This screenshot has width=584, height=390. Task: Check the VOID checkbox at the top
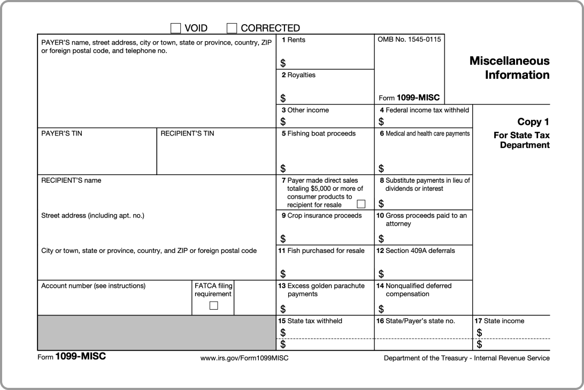pyautogui.click(x=175, y=28)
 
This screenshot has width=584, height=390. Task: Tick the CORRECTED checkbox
pyautogui.click(x=232, y=28)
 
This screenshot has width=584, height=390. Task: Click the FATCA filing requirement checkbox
pyautogui.click(x=213, y=306)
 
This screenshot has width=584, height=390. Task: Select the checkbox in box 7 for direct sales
pyautogui.click(x=361, y=204)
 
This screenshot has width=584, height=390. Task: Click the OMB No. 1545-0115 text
pyautogui.click(x=409, y=40)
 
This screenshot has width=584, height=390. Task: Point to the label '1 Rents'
pyautogui.click(x=294, y=40)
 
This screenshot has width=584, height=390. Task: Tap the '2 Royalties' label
pyautogui.click(x=298, y=75)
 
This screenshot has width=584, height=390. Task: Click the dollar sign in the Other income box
pyautogui.click(x=283, y=122)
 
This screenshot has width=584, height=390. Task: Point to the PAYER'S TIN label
pyautogui.click(x=62, y=133)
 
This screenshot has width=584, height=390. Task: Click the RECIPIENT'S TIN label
pyautogui.click(x=187, y=133)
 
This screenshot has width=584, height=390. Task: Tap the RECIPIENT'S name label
pyautogui.click(x=71, y=181)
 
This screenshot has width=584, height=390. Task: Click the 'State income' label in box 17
pyautogui.click(x=500, y=321)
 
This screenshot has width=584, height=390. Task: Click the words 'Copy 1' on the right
pyautogui.click(x=533, y=122)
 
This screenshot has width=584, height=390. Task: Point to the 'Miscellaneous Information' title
pyautogui.click(x=509, y=68)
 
